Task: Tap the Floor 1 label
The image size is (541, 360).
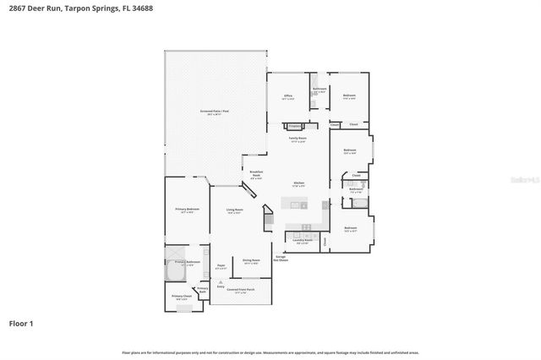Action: [x=21, y=323]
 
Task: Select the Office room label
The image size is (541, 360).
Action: [x=287, y=95]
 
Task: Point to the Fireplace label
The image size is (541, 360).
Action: [x=295, y=126]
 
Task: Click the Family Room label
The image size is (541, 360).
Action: [x=298, y=138]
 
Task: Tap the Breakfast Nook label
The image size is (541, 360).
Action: [x=256, y=173]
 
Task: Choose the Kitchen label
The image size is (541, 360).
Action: [x=298, y=183]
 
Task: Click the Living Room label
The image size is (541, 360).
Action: [x=235, y=210]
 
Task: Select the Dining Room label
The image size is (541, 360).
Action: [x=252, y=260]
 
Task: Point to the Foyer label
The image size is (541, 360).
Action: [x=221, y=265]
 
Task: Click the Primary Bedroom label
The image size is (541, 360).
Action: [x=187, y=209]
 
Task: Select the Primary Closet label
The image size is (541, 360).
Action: [x=180, y=296]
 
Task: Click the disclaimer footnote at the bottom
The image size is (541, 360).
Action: [x=270, y=351]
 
